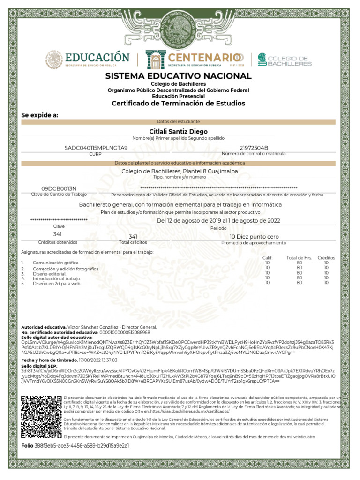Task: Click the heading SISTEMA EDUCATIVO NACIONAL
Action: [x=178, y=76]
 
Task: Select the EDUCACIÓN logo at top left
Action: [x=87, y=60]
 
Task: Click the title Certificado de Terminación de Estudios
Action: [x=178, y=103]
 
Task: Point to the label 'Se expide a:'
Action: [x=40, y=115]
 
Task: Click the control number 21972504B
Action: [x=254, y=148]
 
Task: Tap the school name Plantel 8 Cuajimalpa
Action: [x=180, y=172]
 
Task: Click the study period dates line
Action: [x=218, y=220]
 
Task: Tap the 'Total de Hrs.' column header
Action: [x=299, y=258]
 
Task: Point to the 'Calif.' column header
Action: [x=268, y=258]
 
